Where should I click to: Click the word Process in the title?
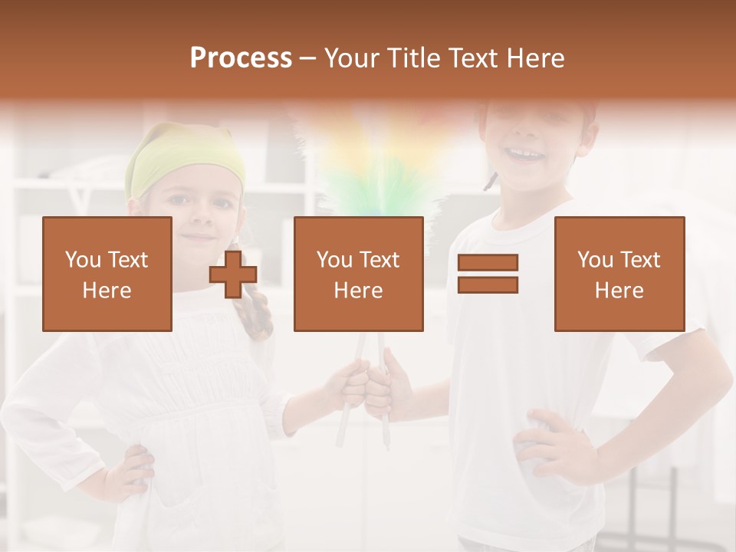[241, 58]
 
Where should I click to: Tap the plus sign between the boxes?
[233, 274]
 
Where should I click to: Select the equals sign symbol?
[488, 274]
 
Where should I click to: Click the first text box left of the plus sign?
[107, 274]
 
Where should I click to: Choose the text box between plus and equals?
[358, 274]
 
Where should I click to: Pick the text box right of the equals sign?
[619, 274]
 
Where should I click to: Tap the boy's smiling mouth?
[525, 156]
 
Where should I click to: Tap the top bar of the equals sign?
[488, 262]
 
